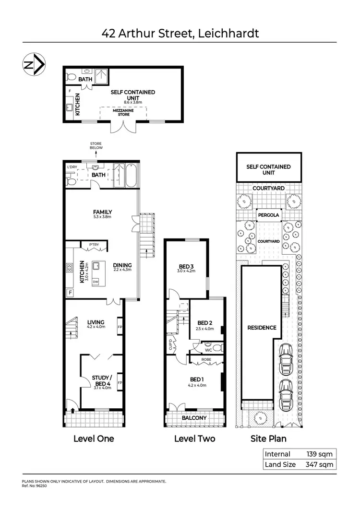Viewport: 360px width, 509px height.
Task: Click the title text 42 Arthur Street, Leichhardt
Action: (x=180, y=33)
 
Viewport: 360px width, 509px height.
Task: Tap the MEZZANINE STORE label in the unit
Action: (x=124, y=112)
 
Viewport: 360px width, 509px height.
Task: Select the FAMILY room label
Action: (x=103, y=212)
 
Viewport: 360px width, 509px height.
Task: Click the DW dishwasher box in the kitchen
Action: (x=96, y=282)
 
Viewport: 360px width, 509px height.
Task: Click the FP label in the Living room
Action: (x=120, y=329)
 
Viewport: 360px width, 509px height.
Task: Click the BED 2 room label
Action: (x=204, y=322)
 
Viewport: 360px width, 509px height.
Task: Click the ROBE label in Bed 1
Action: (x=206, y=358)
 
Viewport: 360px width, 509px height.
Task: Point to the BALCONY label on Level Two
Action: (x=194, y=418)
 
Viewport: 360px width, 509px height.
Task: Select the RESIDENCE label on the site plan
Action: (x=262, y=328)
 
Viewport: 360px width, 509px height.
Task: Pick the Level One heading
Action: (x=94, y=438)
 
